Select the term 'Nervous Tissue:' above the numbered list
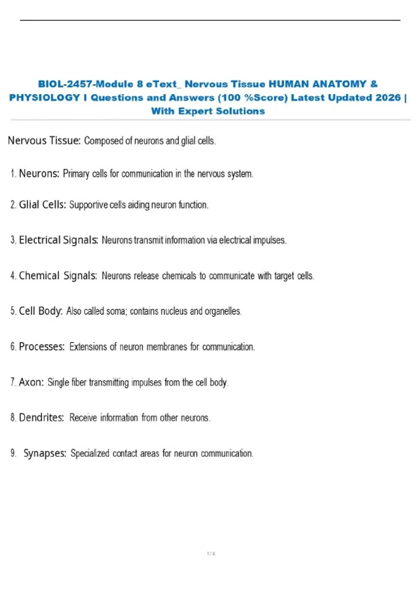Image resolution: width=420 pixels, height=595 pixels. (44, 141)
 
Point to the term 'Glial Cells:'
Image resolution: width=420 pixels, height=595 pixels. (42, 205)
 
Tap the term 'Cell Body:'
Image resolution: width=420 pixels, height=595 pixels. (41, 311)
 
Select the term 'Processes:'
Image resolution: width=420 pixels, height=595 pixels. (42, 346)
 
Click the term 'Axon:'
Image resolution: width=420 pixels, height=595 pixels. (31, 382)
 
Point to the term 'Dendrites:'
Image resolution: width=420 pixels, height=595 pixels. (41, 418)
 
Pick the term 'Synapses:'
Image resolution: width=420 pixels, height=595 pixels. (45, 453)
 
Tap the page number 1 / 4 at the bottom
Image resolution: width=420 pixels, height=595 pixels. (211, 554)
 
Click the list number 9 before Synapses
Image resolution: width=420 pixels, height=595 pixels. (13, 453)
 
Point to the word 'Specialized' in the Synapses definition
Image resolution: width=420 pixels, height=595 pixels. (90, 454)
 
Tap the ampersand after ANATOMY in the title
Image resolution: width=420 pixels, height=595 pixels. (373, 84)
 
